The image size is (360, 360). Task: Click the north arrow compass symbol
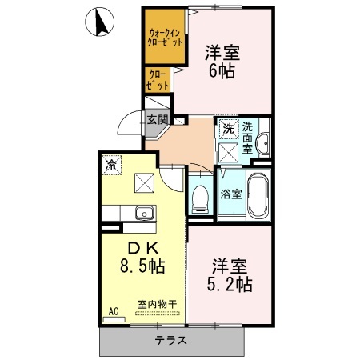[99, 22]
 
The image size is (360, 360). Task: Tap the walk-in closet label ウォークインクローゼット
[166, 38]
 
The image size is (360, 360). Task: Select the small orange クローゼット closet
[158, 80]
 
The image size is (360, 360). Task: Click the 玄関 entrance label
[158, 119]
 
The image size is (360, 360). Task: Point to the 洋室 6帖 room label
[222, 62]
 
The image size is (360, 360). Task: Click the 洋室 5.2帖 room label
[230, 275]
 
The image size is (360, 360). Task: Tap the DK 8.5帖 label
[142, 258]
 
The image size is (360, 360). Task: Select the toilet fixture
[200, 198]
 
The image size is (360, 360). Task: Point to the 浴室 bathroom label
[231, 194]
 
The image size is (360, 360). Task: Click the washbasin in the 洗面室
[263, 143]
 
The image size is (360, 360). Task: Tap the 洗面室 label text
[247, 138]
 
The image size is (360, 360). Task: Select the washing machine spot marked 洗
[228, 129]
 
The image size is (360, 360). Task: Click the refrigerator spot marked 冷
[111, 165]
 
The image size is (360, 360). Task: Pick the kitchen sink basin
[144, 213]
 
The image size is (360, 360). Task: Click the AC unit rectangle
[114, 319]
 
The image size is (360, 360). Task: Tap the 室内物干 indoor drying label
[157, 304]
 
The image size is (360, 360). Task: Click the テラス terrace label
[171, 341]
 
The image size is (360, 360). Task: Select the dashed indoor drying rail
[158, 313]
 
